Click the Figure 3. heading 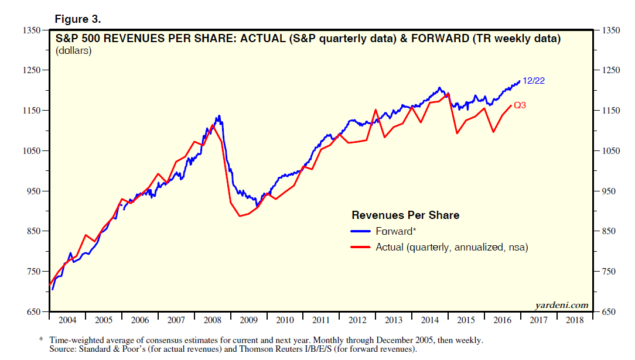[x=78, y=19]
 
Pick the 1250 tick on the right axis [x=610, y=70]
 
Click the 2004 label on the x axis [x=67, y=321]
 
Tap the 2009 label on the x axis [x=248, y=321]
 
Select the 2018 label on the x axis [x=574, y=321]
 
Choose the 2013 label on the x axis [x=393, y=321]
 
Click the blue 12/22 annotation [x=534, y=81]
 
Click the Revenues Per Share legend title [x=405, y=215]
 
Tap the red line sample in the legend [x=361, y=248]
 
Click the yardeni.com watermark [x=561, y=305]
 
